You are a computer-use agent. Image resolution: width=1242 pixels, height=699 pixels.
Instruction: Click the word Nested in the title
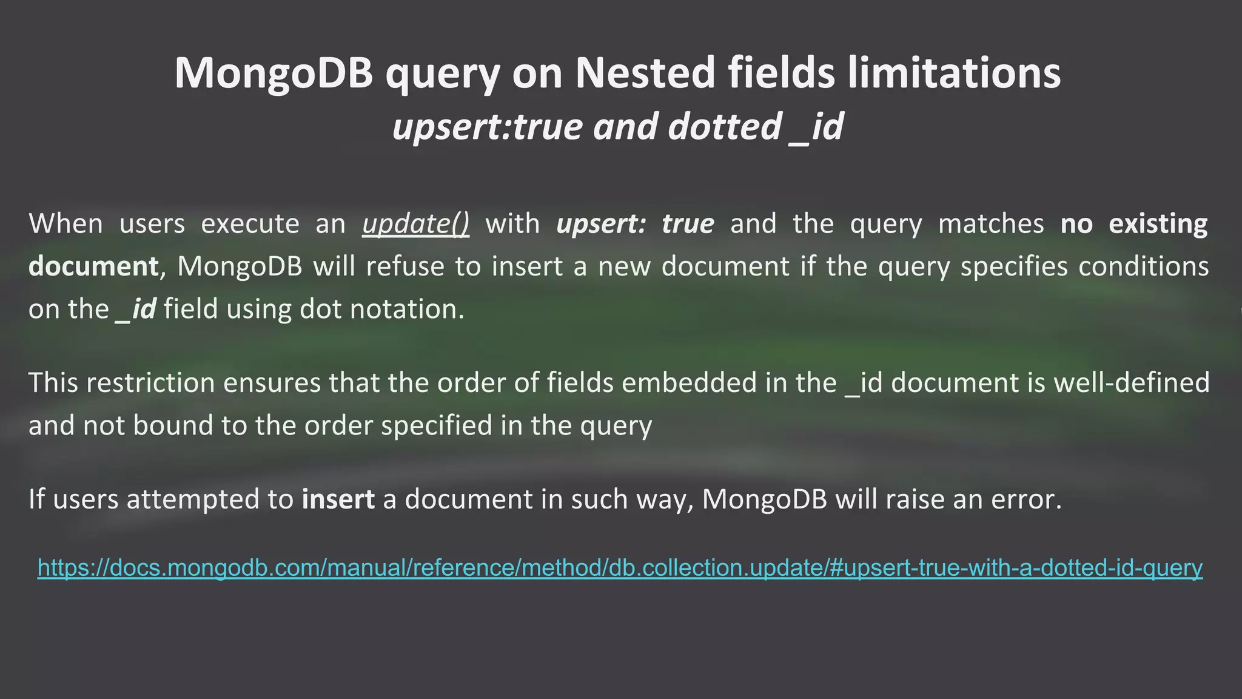(645, 73)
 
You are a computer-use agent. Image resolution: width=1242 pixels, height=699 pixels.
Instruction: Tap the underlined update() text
(415, 224)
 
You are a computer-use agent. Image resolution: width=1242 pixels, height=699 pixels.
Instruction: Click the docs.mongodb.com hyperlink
(620, 568)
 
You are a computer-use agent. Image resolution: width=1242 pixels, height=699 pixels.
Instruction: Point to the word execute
(250, 224)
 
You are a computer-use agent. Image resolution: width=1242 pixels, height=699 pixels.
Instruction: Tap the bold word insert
(338, 499)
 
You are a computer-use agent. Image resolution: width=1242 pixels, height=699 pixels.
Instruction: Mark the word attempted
(210, 499)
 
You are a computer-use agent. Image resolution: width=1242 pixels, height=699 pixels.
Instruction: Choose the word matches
(991, 224)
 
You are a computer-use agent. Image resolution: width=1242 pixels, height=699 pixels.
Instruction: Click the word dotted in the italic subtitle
(724, 127)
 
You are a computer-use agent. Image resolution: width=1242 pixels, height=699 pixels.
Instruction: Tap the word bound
(173, 425)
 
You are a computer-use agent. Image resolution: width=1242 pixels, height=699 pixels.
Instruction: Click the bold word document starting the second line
(93, 266)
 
